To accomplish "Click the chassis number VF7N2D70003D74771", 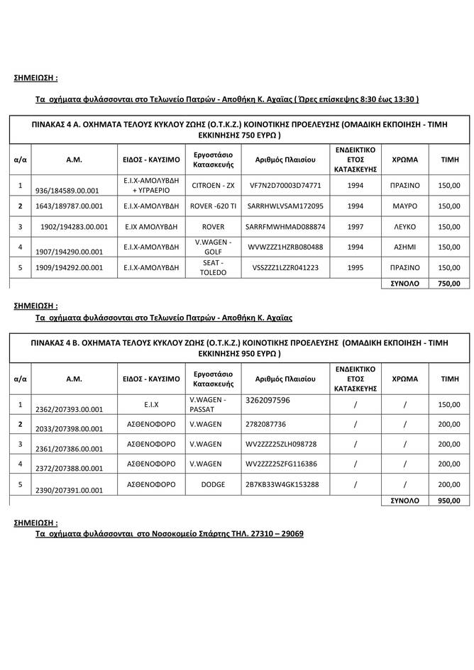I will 286,185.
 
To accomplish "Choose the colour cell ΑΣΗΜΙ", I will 404,247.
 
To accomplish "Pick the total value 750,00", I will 448,283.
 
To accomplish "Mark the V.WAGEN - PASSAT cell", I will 209,404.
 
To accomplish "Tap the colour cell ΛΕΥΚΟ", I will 404,226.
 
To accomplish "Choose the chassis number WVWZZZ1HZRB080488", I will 286,247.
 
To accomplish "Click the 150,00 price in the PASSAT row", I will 448,404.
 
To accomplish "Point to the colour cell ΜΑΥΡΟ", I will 404,206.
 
